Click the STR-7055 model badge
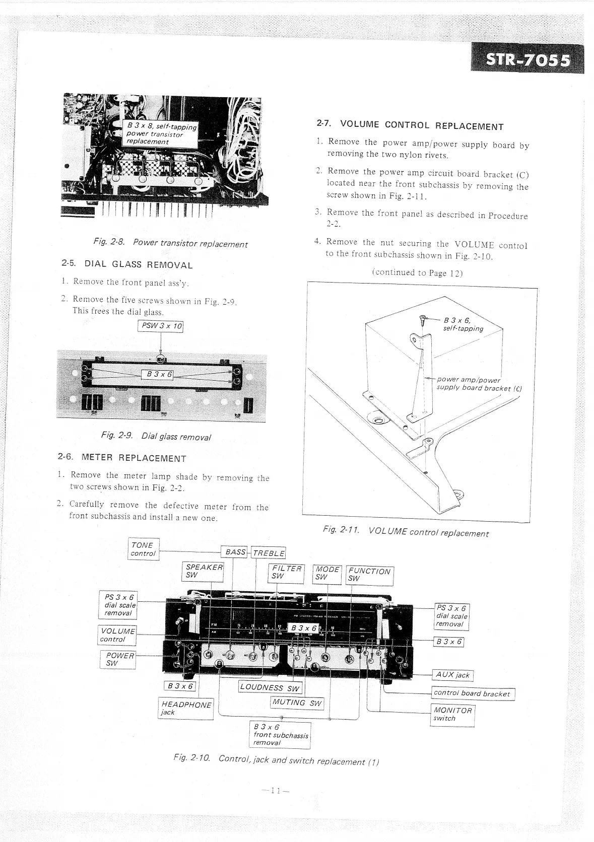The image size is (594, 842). [x=527, y=60]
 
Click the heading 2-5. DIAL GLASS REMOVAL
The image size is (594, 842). [x=127, y=264]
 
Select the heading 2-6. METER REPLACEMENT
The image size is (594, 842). [x=122, y=458]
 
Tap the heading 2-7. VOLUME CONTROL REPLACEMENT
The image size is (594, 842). [x=410, y=125]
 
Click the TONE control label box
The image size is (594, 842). [x=144, y=549]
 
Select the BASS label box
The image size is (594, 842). [x=235, y=552]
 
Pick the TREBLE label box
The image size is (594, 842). [x=269, y=553]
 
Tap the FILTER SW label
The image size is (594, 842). [x=286, y=572]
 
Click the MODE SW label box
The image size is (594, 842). [x=327, y=573]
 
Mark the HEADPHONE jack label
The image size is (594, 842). [x=185, y=708]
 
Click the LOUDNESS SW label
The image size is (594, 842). [x=270, y=687]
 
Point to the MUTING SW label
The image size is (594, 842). [x=297, y=703]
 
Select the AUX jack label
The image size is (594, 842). [x=452, y=675]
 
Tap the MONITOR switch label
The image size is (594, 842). [x=453, y=714]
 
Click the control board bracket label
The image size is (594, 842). [x=472, y=693]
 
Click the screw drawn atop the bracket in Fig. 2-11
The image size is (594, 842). [x=423, y=319]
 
